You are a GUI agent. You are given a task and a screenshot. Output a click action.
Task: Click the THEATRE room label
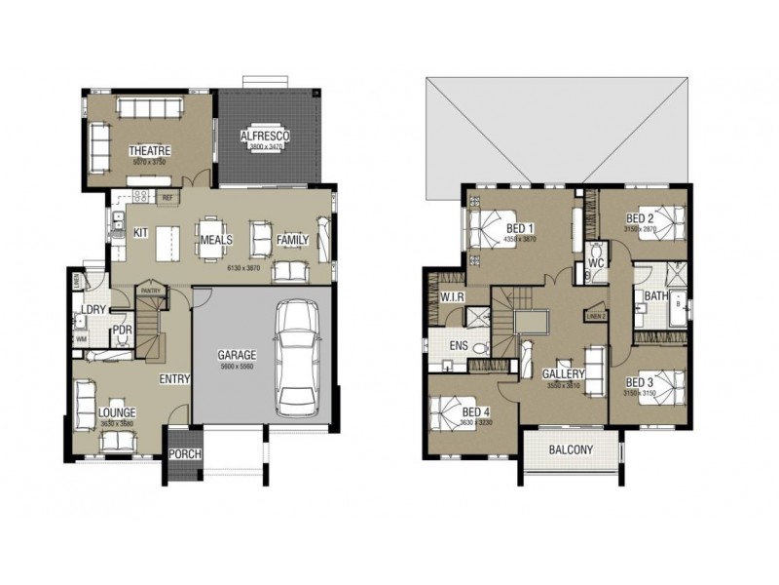(x=150, y=150)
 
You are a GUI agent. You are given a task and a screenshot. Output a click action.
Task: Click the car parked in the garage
(x=296, y=357)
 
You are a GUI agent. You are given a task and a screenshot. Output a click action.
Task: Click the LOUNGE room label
(x=117, y=412)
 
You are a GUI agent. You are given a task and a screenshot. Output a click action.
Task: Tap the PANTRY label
(x=150, y=290)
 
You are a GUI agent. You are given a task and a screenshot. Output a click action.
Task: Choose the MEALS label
(x=214, y=239)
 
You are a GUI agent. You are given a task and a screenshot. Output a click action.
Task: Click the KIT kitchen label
(x=140, y=233)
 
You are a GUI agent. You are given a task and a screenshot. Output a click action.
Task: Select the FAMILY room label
(x=292, y=239)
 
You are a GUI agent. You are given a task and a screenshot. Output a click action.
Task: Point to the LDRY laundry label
(x=93, y=310)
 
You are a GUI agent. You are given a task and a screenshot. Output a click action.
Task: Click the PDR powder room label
(x=123, y=330)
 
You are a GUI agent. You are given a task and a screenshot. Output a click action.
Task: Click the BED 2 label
(x=638, y=217)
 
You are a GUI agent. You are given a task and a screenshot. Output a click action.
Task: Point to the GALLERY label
(x=564, y=373)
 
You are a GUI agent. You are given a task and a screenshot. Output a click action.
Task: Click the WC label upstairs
(x=597, y=262)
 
